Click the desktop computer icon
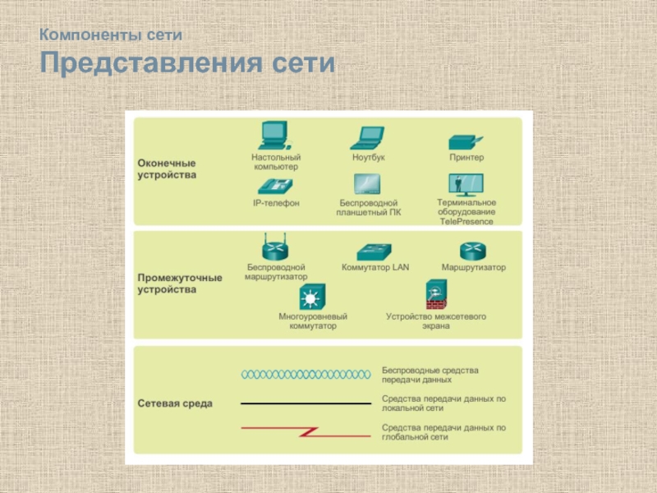tap(275, 136)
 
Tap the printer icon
tap(466, 141)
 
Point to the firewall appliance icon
tap(435, 294)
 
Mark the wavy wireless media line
tap(305, 375)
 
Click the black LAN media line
tap(305, 403)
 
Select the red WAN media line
tap(305, 430)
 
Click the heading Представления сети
tap(188, 64)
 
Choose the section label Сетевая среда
tap(174, 403)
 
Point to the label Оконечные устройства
tap(167, 168)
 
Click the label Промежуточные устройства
tap(179, 283)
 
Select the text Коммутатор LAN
tap(374, 267)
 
